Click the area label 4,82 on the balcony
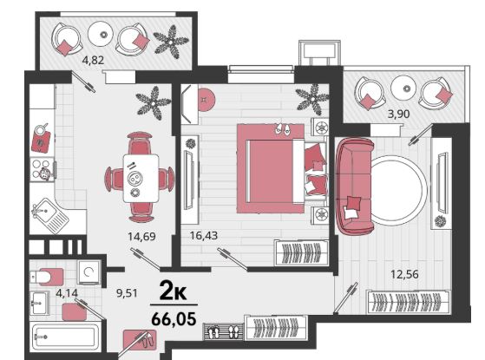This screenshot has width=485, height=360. tap(93, 60)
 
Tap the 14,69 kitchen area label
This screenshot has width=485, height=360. tap(141, 237)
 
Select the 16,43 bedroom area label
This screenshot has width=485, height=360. tap(204, 236)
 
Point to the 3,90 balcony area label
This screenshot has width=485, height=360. tap(399, 115)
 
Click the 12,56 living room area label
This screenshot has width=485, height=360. tap(404, 274)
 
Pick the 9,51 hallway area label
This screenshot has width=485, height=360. tap(127, 292)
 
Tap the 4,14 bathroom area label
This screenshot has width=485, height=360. tap(67, 292)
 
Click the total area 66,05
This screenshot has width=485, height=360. tap(174, 318)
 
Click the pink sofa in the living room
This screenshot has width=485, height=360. tap(355, 186)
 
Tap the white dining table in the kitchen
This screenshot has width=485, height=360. tap(141, 179)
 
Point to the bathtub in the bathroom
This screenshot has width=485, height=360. tap(65, 337)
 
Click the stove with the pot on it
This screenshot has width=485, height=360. tap(43, 169)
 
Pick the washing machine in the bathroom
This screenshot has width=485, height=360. tap(88, 272)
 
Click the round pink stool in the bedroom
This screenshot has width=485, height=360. tap(205, 99)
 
